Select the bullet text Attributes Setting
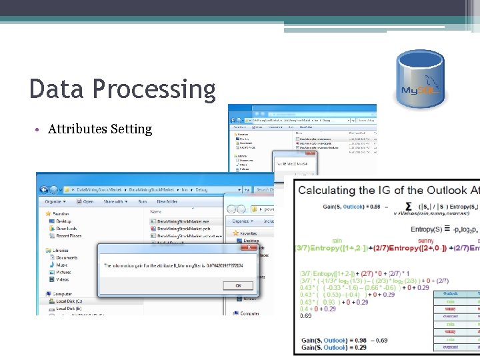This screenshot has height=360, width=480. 100,129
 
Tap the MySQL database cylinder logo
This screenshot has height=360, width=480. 420,79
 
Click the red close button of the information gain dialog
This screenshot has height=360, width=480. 249,247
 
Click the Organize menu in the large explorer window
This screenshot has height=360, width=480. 55,201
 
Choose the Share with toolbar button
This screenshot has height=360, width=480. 115,201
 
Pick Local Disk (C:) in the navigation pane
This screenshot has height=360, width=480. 69,301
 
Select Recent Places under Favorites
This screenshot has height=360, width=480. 69,235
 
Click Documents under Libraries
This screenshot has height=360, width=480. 67,257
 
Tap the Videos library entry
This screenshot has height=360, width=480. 63,279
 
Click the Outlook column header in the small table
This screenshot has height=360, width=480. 451,293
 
